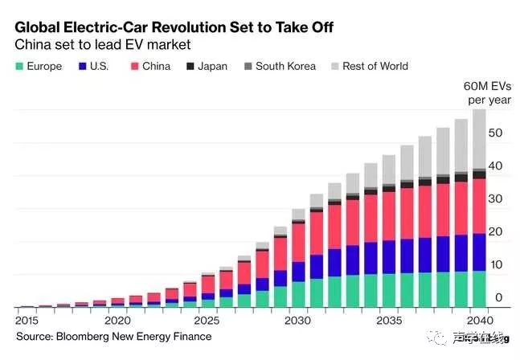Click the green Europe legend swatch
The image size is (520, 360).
coord(18,67)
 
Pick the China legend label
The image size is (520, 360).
coord(156,67)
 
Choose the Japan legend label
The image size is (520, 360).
coord(214,67)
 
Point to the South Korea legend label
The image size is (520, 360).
coord(285,67)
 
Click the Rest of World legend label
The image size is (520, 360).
coord(375,67)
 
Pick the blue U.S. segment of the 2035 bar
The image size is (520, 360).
coord(389,257)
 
